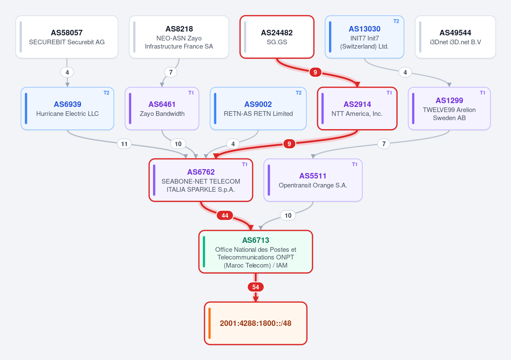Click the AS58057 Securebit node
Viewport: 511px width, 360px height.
[x=67, y=37]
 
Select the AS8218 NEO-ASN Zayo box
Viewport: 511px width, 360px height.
[x=179, y=37]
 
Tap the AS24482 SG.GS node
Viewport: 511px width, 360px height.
[x=277, y=37]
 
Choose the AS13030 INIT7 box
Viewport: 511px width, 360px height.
[x=364, y=37]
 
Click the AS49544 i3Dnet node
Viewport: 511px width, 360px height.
[x=455, y=37]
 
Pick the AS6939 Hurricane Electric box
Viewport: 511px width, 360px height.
[x=67, y=109]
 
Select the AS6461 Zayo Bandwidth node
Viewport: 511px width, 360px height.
[x=162, y=109]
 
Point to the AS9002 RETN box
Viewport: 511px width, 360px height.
[x=258, y=109]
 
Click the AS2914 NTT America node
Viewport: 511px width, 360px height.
[x=357, y=109]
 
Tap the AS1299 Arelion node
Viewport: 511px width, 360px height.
[x=449, y=109]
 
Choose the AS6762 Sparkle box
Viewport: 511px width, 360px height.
[x=201, y=180]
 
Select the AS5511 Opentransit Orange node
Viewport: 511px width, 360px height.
[x=313, y=180]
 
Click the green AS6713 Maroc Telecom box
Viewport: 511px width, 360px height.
[x=256, y=252]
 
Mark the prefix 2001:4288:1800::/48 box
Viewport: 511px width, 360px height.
[x=256, y=323]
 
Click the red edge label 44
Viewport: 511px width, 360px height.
[x=225, y=215]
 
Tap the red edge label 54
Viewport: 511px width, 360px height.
[x=256, y=287]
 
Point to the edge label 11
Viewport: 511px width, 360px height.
[x=124, y=144]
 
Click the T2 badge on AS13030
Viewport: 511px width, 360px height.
[x=396, y=21]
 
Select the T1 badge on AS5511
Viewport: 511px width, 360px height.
[x=355, y=164]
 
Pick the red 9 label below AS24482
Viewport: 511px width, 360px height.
[x=315, y=72]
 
